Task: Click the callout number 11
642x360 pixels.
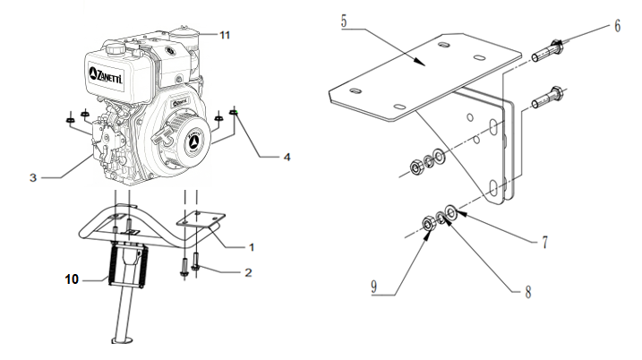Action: pyautogui.click(x=225, y=35)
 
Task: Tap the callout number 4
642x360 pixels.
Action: pyautogui.click(x=287, y=158)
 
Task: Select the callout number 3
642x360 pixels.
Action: pyautogui.click(x=33, y=177)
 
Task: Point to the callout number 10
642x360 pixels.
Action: pyautogui.click(x=72, y=279)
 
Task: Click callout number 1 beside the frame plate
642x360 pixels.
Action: pyautogui.click(x=252, y=247)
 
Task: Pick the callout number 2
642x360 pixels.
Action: pyautogui.click(x=248, y=273)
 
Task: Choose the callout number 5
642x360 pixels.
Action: pyautogui.click(x=344, y=21)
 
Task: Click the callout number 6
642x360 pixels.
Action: pyautogui.click(x=618, y=26)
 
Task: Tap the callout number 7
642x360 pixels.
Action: pyautogui.click(x=545, y=242)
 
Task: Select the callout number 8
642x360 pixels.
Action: pyautogui.click(x=528, y=292)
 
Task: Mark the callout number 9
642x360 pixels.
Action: pyautogui.click(x=373, y=287)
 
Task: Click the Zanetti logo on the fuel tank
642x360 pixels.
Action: pyautogui.click(x=106, y=75)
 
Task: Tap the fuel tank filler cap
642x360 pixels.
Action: pyautogui.click(x=116, y=49)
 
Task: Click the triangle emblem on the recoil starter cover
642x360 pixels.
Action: pyautogui.click(x=193, y=142)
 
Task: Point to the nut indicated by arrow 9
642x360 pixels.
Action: pyautogui.click(x=429, y=223)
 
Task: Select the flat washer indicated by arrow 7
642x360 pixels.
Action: pyautogui.click(x=451, y=212)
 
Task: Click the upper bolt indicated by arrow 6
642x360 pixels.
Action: pyautogui.click(x=547, y=50)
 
